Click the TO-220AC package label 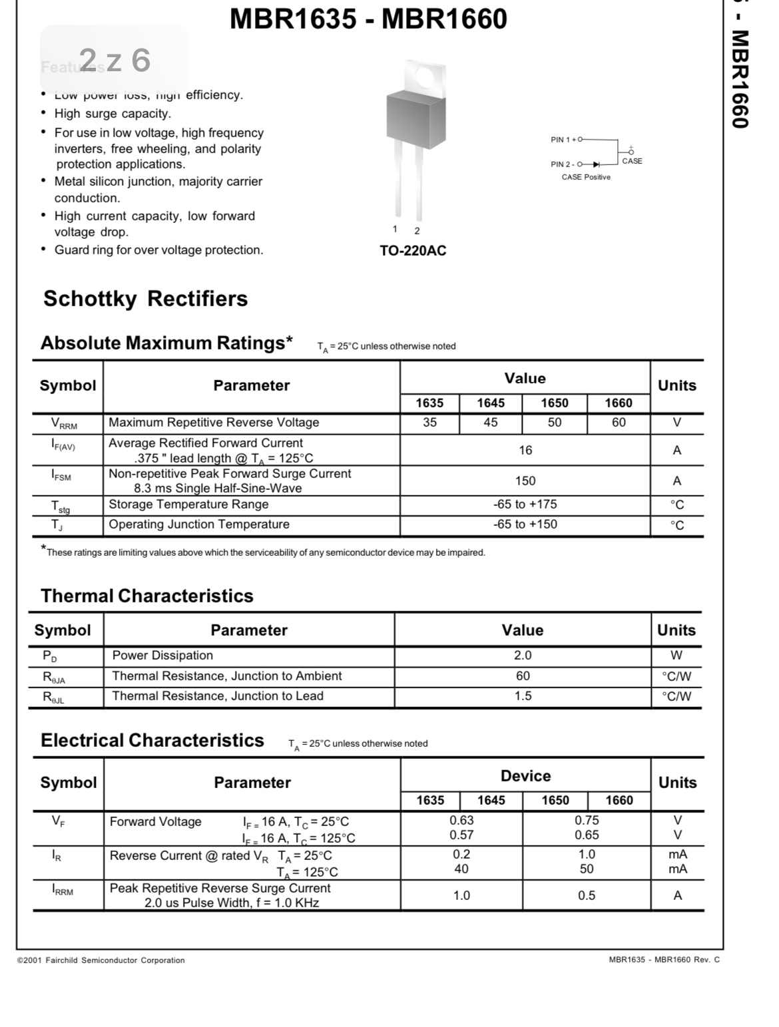(413, 251)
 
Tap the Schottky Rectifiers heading (145, 299)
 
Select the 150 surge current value (525, 481)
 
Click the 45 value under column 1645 (490, 422)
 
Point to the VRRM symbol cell (64, 423)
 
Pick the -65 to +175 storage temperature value (525, 504)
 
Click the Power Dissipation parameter (162, 656)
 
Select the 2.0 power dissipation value (523, 656)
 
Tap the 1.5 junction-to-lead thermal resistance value (523, 696)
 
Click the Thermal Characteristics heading (147, 596)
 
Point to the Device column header (525, 776)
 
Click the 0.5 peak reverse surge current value (587, 895)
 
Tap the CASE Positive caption (586, 177)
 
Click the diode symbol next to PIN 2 (597, 164)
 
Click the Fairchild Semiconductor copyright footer (101, 960)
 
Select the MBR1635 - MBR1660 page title (368, 19)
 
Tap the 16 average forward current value (525, 451)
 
